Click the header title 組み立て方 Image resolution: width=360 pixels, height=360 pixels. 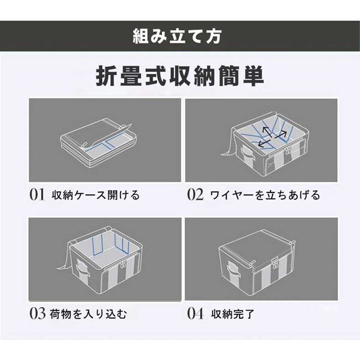click(177, 36)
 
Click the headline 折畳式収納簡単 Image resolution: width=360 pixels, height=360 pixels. click(180, 76)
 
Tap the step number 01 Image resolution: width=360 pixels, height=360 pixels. click(37, 194)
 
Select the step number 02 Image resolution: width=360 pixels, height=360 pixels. click(195, 194)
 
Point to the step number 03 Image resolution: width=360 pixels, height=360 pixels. click(37, 314)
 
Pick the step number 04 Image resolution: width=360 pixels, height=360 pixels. click(195, 314)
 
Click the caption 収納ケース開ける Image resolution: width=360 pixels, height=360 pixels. click(95, 195)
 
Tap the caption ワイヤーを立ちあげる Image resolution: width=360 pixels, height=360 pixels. click(265, 195)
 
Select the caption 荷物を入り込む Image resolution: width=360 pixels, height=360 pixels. click(88, 314)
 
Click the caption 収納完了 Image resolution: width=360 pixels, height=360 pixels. click(232, 314)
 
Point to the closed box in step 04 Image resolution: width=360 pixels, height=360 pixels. click(257, 262)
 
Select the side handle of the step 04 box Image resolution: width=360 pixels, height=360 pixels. click(233, 268)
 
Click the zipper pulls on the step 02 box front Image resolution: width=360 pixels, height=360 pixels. click(287, 151)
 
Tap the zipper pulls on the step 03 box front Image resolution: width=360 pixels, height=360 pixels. click(122, 265)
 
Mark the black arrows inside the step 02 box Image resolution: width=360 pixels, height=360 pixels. click(272, 137)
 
